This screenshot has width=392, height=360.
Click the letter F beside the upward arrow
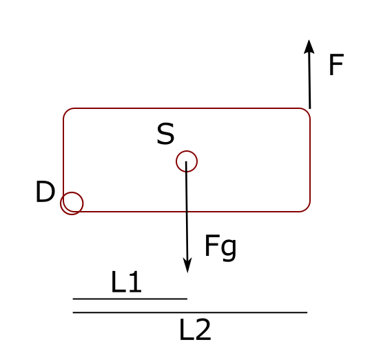[x=336, y=65]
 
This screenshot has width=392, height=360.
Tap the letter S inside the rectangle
[x=165, y=134]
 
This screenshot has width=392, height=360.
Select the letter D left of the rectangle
[x=45, y=192]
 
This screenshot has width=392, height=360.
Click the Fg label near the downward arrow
[x=220, y=248]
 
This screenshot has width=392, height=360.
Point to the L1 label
[x=126, y=282]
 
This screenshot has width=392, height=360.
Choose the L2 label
[x=195, y=330]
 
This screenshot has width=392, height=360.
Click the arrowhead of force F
[x=309, y=47]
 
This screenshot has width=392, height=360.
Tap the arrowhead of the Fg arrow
[x=187, y=266]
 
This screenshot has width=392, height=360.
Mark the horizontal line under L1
[x=130, y=299]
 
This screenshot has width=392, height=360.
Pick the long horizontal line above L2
[x=190, y=312]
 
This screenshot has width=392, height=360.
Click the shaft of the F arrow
[x=309, y=81]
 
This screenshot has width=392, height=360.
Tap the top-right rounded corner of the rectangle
[x=307, y=112]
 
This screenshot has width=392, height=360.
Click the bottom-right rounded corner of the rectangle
[x=307, y=208]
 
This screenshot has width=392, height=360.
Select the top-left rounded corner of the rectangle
[x=67, y=112]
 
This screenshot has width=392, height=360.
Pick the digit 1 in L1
[x=136, y=282]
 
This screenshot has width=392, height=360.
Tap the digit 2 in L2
[x=203, y=330]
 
